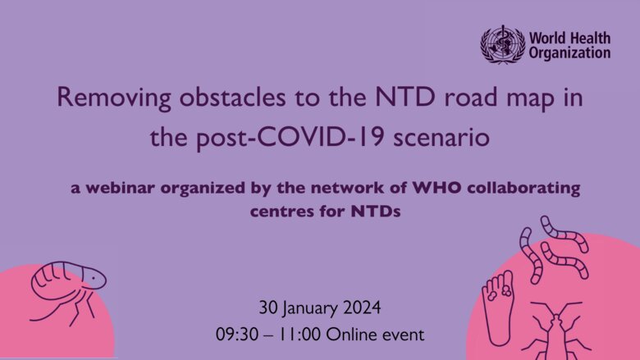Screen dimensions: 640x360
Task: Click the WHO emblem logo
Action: pos(502,45)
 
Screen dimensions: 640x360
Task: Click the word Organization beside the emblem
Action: pos(569,53)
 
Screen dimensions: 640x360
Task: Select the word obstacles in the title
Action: pos(233,97)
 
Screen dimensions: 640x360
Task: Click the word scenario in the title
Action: pos(441,138)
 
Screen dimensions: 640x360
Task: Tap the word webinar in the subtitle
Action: pos(121,188)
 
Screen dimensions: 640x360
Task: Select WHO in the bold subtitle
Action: pos(437,188)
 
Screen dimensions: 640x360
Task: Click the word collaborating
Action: pos(523,189)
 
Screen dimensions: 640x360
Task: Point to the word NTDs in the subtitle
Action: pos(376,212)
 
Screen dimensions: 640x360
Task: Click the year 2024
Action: pos(362,308)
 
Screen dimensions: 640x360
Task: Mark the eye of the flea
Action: pos(94,278)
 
